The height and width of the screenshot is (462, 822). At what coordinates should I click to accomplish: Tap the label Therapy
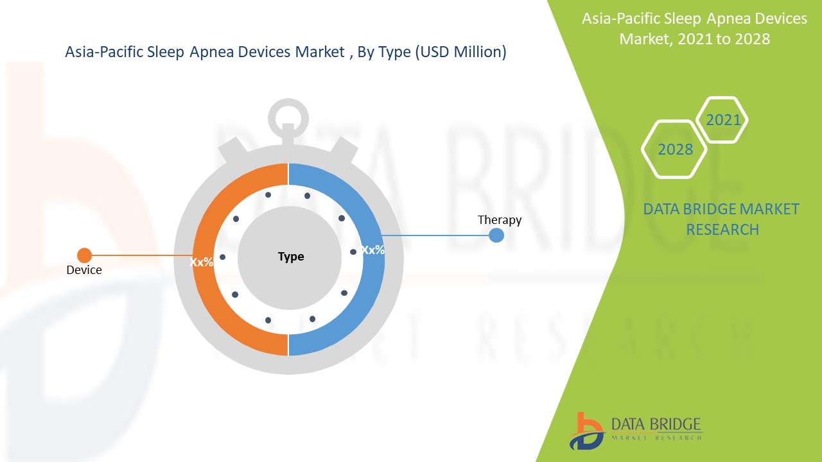point(500,220)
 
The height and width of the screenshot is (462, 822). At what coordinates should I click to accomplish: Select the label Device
point(84,270)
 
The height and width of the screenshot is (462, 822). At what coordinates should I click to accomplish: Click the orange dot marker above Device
point(84,255)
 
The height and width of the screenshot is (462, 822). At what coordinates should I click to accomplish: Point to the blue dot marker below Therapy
point(496,235)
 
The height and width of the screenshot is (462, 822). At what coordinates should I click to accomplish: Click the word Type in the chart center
point(291,257)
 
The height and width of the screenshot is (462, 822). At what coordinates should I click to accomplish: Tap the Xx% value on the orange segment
point(202,262)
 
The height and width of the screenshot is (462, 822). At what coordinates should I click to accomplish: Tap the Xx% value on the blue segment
point(373,250)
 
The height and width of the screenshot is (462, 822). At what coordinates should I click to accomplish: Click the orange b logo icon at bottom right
point(586,431)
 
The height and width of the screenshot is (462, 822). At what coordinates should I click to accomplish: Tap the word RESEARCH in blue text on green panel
point(722,230)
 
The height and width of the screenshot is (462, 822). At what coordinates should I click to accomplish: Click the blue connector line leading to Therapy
point(435,235)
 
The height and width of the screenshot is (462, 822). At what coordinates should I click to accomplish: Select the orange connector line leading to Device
point(143,255)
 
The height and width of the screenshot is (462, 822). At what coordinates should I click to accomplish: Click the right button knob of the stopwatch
point(343,150)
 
